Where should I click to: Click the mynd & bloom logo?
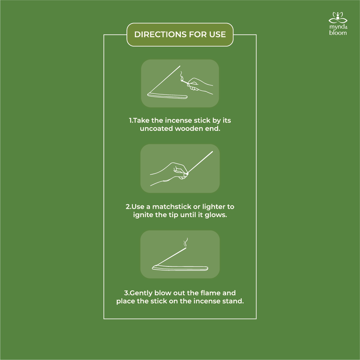tap(338, 24)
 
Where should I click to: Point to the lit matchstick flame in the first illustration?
tap(181, 79)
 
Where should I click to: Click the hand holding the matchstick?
tap(199, 85)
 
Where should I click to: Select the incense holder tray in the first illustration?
tap(168, 96)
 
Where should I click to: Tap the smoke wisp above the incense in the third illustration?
tap(186, 242)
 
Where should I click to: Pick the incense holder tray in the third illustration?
tap(180, 268)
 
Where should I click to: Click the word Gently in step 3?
tap(141, 293)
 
